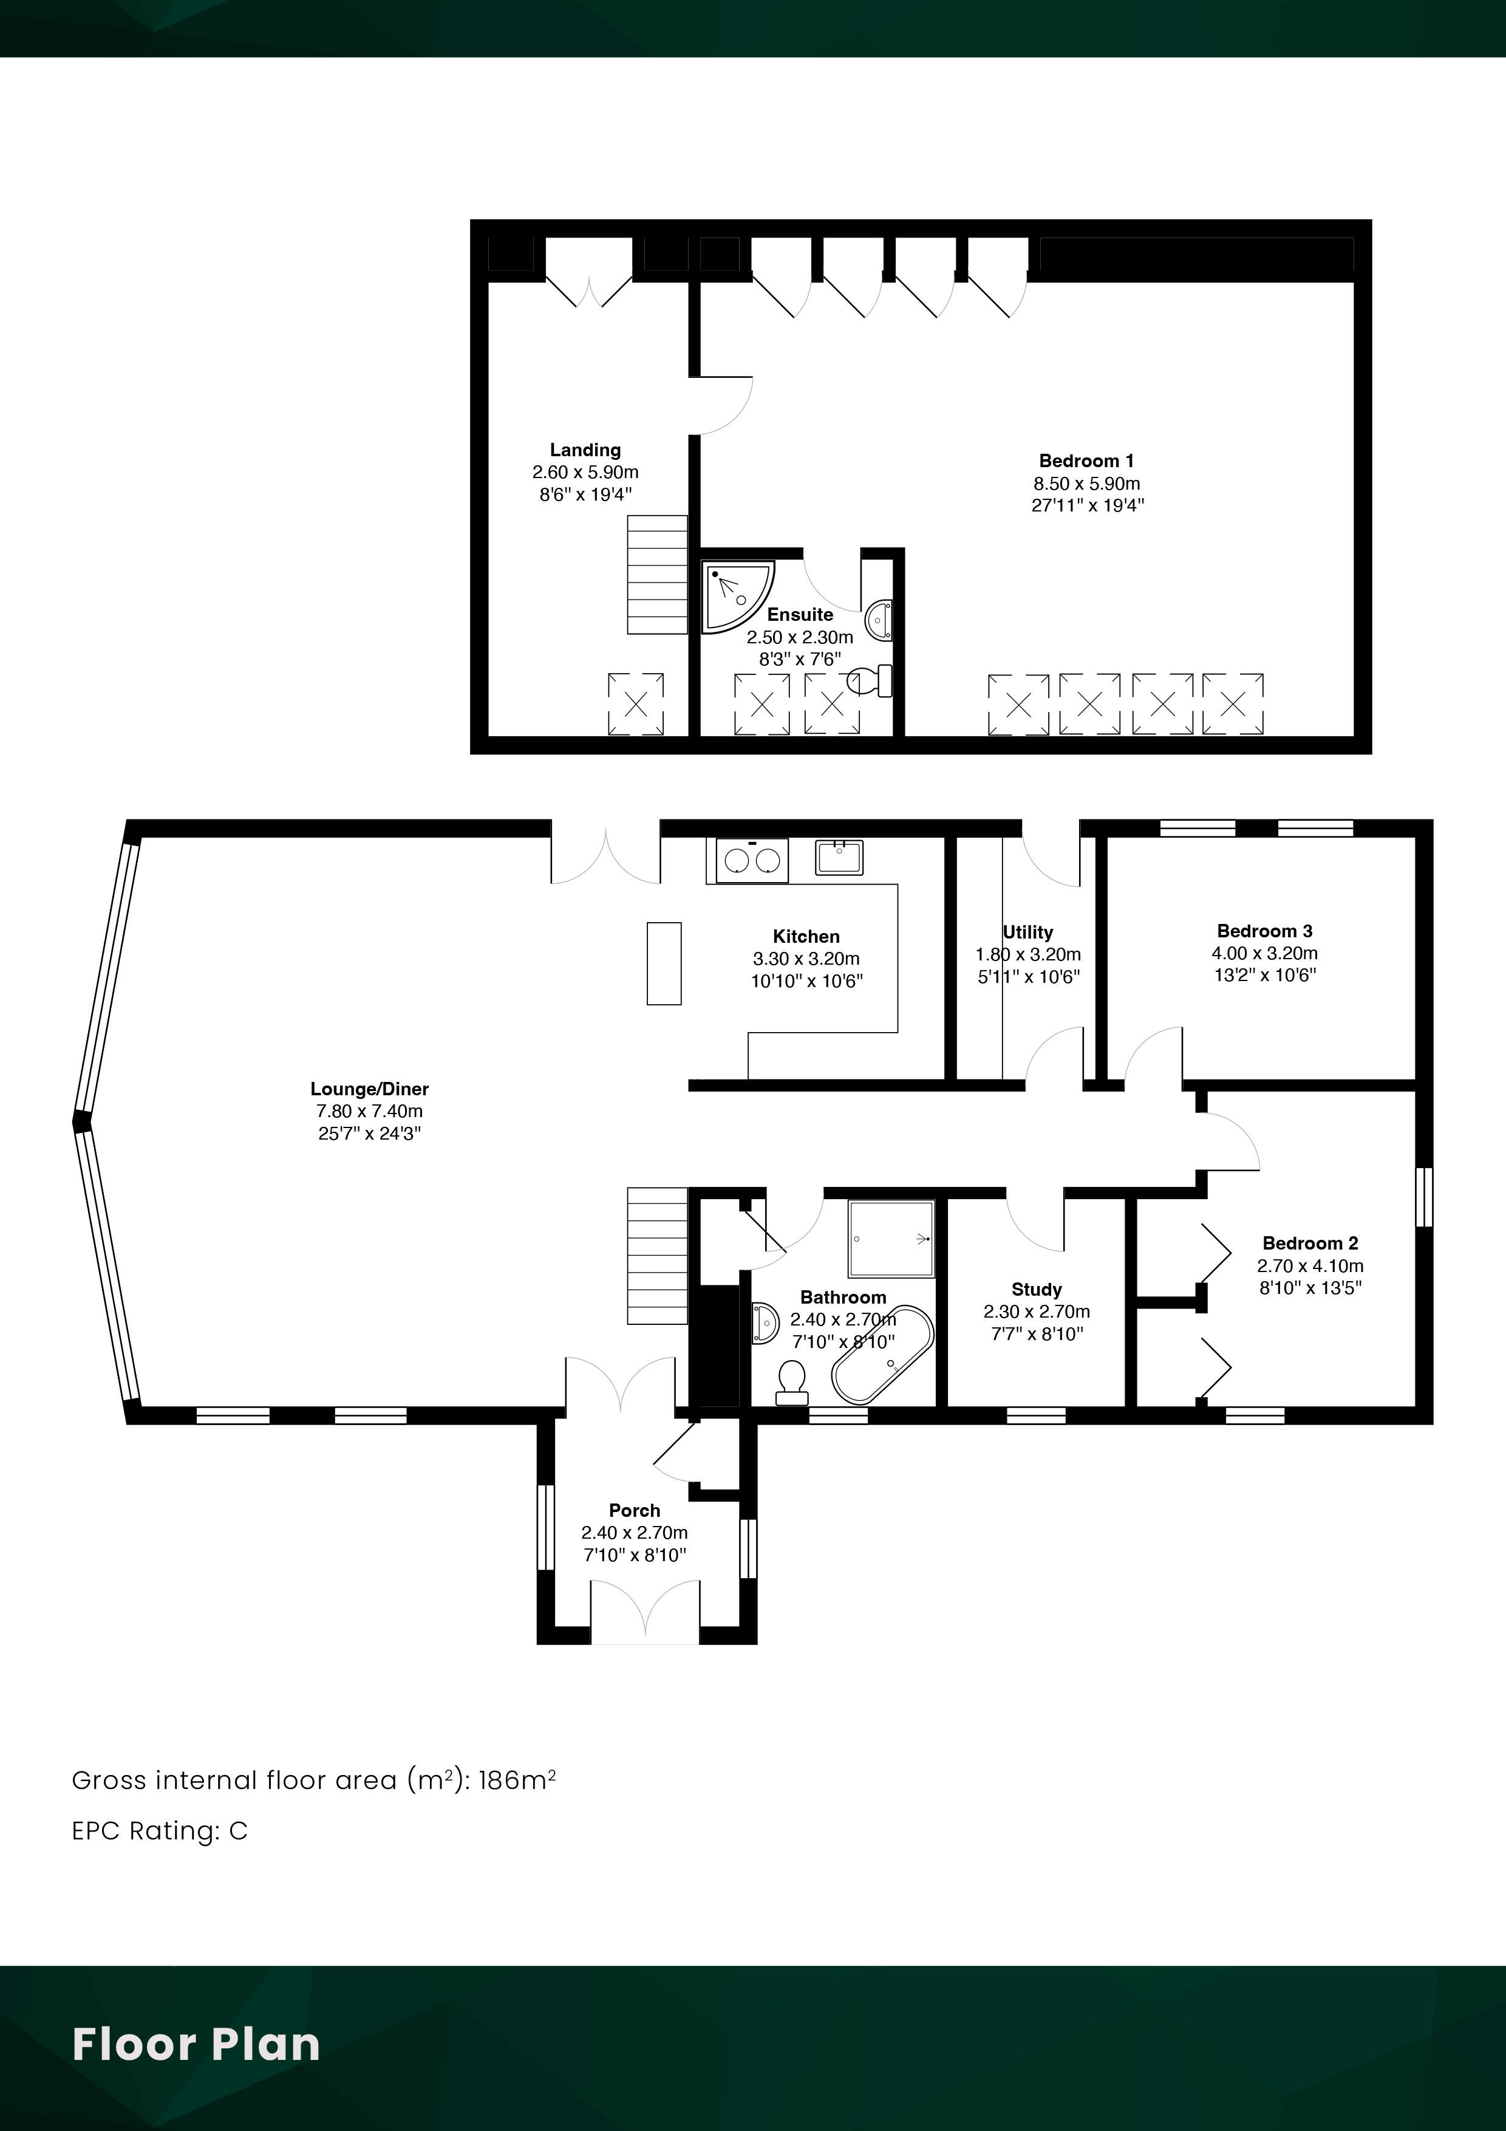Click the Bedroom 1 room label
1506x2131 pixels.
pos(1086,461)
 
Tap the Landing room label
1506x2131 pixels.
pos(585,450)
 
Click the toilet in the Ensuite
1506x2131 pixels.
pos(871,680)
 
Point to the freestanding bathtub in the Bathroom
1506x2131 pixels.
pos(882,1356)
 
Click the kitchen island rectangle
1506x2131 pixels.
pos(664,963)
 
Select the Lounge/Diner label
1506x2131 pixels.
pos(369,1089)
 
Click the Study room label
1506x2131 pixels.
pos(1037,1289)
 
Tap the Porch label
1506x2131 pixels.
pos(635,1510)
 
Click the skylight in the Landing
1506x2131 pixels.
pos(636,705)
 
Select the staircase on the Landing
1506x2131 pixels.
pos(658,575)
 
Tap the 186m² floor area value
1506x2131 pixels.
pos(517,1779)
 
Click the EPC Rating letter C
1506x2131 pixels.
pos(239,1830)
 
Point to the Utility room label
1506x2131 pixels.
pos(1028,932)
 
